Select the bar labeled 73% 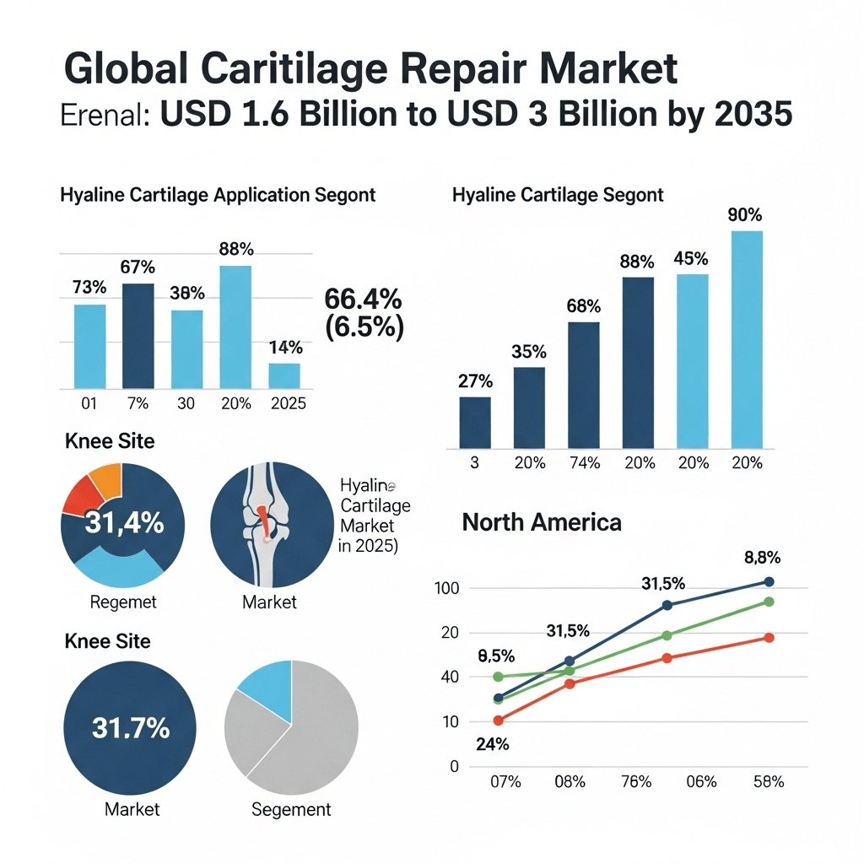(89, 346)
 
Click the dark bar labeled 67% (138, 336)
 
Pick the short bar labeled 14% (284, 375)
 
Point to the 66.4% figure (363, 299)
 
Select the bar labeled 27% (475, 423)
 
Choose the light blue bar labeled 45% (693, 361)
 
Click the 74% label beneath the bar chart (584, 462)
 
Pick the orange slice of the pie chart (107, 478)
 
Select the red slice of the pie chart (82, 495)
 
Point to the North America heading (541, 522)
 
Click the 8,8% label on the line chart (762, 558)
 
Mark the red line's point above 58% (769, 637)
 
